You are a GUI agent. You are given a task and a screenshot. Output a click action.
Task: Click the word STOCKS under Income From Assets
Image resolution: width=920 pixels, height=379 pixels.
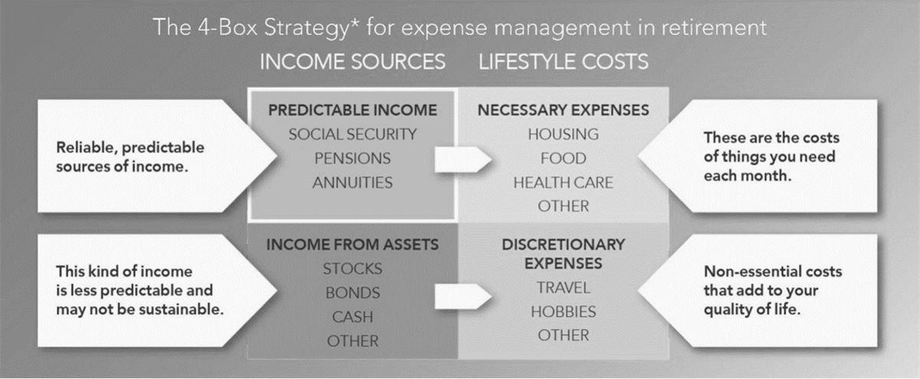pos(353,269)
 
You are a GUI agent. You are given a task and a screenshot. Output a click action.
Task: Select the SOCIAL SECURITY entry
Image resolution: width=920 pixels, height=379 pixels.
pos(353,134)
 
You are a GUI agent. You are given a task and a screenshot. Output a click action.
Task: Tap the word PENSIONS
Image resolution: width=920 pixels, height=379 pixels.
pos(353,158)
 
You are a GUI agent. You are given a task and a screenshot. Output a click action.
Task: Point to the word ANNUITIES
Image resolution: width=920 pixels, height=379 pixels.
pos(353,183)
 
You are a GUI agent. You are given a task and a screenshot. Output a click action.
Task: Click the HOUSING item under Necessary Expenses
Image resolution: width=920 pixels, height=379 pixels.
pos(563,134)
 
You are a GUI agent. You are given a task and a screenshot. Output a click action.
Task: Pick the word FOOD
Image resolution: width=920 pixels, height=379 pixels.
pos(563,158)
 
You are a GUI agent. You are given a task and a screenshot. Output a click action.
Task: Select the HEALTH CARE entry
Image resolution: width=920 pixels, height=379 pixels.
pos(563,183)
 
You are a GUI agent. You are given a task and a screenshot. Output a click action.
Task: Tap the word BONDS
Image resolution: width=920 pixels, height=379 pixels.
pos(353,292)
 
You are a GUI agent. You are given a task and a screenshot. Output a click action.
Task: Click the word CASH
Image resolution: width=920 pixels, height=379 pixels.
pos(353,317)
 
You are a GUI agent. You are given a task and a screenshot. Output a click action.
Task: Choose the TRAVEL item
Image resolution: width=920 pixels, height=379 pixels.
pos(563,288)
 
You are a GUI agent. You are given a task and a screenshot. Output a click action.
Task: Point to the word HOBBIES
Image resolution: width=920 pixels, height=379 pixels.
pos(563,312)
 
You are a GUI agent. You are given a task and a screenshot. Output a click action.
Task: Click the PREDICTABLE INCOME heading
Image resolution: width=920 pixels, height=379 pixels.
pos(353,110)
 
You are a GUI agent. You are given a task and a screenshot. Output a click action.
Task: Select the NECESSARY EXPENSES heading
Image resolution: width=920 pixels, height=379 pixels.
pos(563,110)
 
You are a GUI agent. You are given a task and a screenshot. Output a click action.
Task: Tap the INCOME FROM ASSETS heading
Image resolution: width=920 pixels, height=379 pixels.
pos(353,245)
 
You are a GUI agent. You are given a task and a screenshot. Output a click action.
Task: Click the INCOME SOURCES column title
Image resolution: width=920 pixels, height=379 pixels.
pos(353,62)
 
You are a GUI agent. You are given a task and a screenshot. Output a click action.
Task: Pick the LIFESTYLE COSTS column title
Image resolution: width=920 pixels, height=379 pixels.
pos(563,62)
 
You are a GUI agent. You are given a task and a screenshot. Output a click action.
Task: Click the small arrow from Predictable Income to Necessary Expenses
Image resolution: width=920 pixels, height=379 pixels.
pos(463,159)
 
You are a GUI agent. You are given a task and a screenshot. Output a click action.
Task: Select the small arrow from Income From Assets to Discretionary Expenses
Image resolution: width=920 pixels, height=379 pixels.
pos(463,296)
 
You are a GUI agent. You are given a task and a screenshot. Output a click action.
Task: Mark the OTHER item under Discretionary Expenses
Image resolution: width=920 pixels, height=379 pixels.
pos(563,335)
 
